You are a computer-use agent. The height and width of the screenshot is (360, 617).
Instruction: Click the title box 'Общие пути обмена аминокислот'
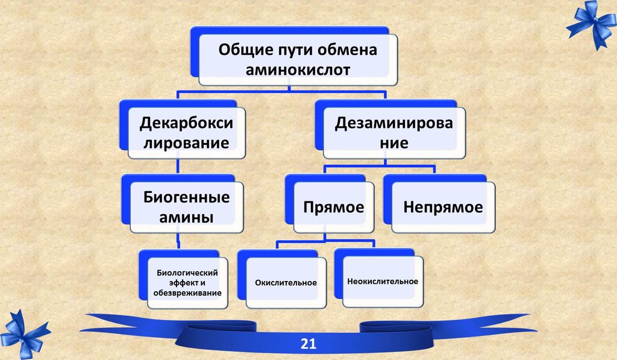point(298,59)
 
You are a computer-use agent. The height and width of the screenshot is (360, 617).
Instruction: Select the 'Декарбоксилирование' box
point(186,133)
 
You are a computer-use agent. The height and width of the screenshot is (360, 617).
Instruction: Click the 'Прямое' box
point(333,207)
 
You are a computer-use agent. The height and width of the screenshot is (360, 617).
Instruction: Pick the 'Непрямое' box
point(443,207)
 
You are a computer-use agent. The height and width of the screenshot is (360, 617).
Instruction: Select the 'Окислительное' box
point(285,282)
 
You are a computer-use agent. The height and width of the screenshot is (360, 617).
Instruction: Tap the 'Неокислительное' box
point(383,281)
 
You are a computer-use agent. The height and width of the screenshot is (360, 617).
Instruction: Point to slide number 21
point(308,344)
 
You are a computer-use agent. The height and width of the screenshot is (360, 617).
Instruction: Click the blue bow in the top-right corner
point(590,24)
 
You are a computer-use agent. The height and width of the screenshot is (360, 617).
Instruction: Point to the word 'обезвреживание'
point(188,293)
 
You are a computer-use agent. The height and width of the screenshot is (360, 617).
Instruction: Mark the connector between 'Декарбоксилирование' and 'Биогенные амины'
point(178,167)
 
